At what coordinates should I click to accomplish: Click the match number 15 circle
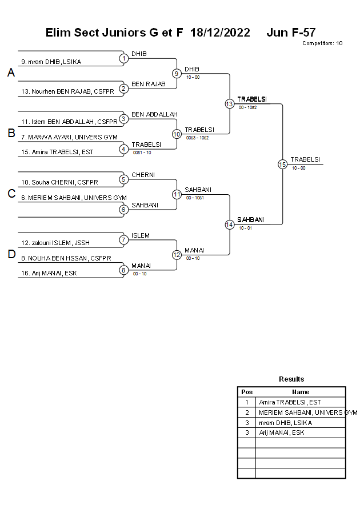point(282,164)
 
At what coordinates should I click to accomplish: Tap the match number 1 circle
point(123,58)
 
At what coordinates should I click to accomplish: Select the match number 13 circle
point(229,103)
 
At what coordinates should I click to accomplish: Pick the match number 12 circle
point(177,255)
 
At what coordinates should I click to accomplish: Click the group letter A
point(11,73)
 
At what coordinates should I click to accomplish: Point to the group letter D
point(11,255)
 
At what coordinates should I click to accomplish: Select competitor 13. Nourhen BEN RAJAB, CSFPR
point(67,91)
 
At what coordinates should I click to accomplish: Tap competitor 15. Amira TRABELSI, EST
point(57,152)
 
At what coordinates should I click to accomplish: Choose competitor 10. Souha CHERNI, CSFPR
point(59,182)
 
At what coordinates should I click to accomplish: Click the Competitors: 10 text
point(322,43)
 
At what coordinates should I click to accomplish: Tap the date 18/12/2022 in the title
point(220,33)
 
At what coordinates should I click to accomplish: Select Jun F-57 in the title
point(291,33)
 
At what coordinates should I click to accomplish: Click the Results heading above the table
point(291,379)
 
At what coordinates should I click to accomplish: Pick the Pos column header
point(247,392)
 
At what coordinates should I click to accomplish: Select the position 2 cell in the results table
point(247,412)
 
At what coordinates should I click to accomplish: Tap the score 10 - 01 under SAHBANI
point(245,228)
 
